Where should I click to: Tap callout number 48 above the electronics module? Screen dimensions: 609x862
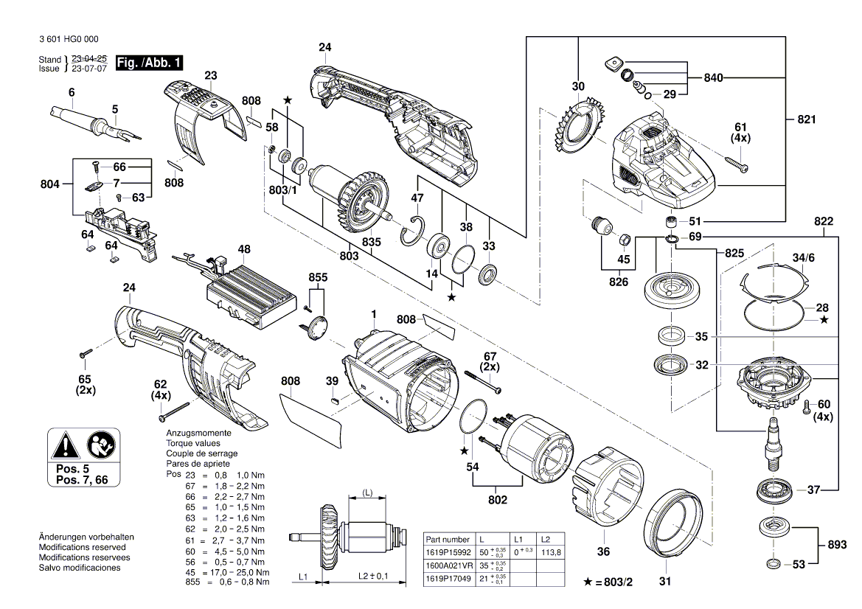point(245,250)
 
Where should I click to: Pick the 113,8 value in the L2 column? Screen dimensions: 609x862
point(551,552)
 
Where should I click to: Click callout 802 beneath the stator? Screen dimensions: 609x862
point(498,500)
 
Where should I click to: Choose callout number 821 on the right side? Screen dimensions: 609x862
point(807,119)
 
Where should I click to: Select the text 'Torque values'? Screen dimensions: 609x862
point(193,443)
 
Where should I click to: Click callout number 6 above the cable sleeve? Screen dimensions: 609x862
point(72,92)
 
